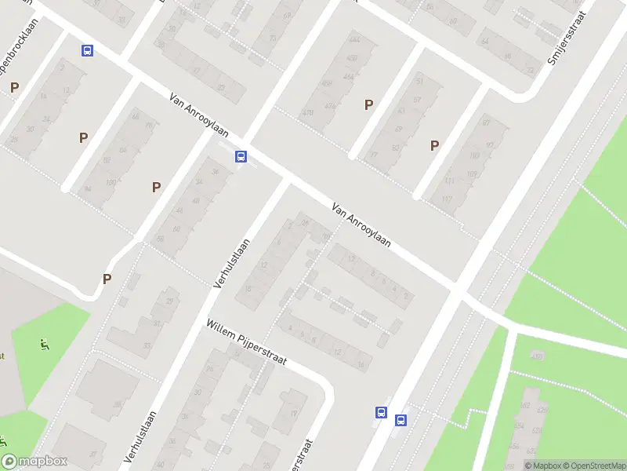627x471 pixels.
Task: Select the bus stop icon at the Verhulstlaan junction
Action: (x=241, y=156)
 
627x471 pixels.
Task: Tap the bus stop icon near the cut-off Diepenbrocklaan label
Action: (x=87, y=51)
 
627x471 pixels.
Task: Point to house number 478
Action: (x=308, y=112)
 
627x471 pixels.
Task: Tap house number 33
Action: (x=147, y=345)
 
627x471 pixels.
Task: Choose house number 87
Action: (x=486, y=122)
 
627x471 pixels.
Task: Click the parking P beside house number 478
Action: (x=368, y=104)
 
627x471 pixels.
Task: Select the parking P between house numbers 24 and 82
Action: (x=83, y=137)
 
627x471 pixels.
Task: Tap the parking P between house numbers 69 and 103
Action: (x=434, y=145)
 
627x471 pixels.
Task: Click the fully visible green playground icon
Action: (x=44, y=344)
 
